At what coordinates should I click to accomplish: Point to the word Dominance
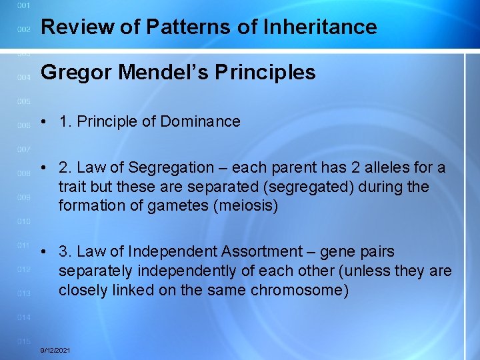pyautogui.click(x=201, y=121)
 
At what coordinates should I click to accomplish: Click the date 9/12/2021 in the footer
pyautogui.click(x=55, y=350)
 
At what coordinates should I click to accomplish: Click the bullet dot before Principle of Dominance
pyautogui.click(x=43, y=122)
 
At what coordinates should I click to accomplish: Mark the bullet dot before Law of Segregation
pyautogui.click(x=43, y=167)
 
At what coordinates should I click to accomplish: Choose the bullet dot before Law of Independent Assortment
pyautogui.click(x=43, y=253)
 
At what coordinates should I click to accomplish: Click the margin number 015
pyautogui.click(x=23, y=341)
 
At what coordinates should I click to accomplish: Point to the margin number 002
pyautogui.click(x=23, y=29)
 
